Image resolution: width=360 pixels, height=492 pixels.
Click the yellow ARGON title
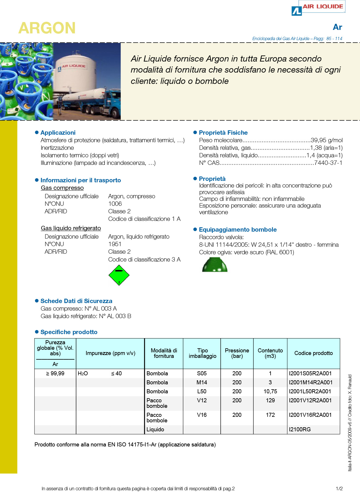point(47,28)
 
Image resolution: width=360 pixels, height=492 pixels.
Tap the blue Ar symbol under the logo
point(337,27)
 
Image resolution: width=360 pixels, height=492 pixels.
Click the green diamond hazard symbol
point(119,275)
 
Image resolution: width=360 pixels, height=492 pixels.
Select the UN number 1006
point(115,204)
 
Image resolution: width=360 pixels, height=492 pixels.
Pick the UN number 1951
point(115,244)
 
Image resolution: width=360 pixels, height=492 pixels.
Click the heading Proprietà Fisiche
point(223,133)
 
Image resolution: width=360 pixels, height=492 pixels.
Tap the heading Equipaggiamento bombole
point(237,230)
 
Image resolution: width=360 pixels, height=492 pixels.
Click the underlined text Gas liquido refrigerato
point(71,228)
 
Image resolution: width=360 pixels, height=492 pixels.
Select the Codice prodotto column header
point(313,353)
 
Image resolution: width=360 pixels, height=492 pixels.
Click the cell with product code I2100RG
point(300,429)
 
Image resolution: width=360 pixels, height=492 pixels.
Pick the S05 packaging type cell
point(202,373)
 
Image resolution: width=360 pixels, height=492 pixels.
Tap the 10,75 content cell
point(270,391)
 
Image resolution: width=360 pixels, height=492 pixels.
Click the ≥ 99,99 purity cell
point(55,373)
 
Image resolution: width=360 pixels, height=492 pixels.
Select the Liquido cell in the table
point(155,429)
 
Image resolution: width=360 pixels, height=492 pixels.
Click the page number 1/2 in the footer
point(339,489)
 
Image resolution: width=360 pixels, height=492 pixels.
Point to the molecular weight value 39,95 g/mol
point(326,140)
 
